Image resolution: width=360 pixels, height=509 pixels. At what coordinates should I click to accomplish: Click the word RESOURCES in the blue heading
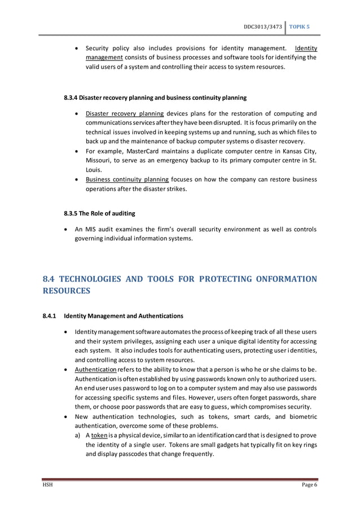(x=67, y=292)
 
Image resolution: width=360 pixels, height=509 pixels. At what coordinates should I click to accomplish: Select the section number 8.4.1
(x=50, y=315)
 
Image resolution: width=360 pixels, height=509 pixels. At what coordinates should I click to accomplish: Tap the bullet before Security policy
(x=77, y=47)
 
